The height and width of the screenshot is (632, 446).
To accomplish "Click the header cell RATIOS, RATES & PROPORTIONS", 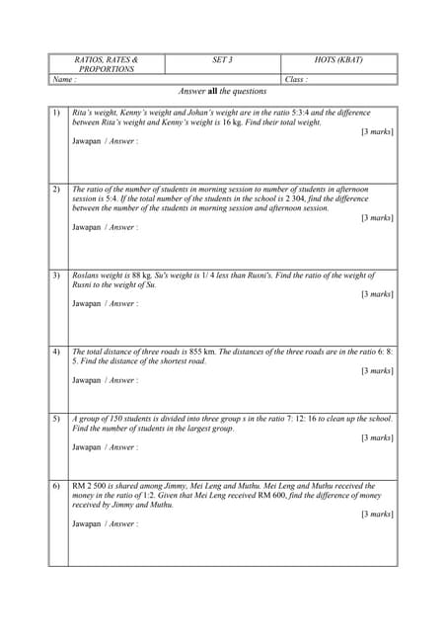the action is click(x=106, y=64).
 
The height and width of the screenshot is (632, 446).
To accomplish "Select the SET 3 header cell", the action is click(x=222, y=60).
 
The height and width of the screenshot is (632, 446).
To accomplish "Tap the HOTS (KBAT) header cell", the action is click(x=338, y=60).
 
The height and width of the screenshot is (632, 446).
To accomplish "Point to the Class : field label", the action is click(x=295, y=79).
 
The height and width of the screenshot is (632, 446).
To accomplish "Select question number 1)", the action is click(x=56, y=114).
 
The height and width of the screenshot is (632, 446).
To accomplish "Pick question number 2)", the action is click(x=56, y=189).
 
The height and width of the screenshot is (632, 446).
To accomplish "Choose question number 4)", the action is click(x=56, y=352).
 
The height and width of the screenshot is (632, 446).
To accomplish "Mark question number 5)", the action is click(x=56, y=419).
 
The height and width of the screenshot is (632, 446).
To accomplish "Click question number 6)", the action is click(x=56, y=487).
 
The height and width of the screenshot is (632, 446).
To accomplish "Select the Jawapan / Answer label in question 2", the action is click(x=105, y=227).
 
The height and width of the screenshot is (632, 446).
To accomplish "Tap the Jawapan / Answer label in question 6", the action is click(x=105, y=524).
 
